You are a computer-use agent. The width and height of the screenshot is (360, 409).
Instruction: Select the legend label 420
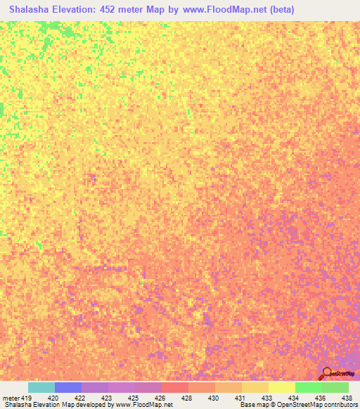point(52,398)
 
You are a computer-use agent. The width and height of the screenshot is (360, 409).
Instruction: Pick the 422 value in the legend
point(79,398)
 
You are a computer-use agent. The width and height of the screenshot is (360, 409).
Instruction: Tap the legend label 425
point(133,398)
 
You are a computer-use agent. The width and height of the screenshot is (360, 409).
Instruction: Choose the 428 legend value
point(186,398)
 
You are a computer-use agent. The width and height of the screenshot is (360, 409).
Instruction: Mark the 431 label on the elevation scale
point(240,398)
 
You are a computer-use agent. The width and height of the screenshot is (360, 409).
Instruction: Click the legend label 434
point(293,398)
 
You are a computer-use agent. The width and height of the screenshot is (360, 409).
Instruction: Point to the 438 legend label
point(347,398)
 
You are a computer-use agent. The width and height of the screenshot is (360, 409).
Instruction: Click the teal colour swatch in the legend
point(41,387)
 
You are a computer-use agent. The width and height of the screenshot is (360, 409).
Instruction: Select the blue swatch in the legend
point(68,387)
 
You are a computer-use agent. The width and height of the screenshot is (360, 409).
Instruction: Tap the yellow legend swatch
point(282,387)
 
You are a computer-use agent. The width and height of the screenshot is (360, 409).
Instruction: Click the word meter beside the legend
point(10,398)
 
